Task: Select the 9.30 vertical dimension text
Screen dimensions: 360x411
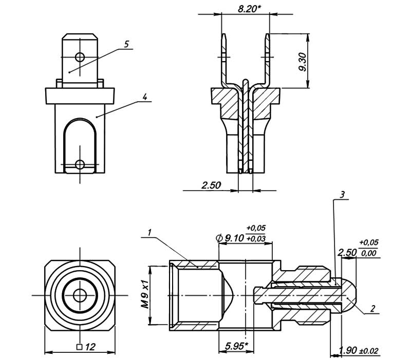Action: pyautogui.click(x=303, y=62)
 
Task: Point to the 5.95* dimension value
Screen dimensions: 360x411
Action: pyautogui.click(x=235, y=346)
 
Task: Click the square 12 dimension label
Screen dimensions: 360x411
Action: pyautogui.click(x=86, y=347)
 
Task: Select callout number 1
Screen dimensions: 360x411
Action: pyautogui.click(x=148, y=233)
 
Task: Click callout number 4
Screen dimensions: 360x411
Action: pyautogui.click(x=145, y=96)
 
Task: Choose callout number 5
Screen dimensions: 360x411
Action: pyautogui.click(x=126, y=44)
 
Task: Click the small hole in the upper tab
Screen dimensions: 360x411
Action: pyautogui.click(x=80, y=55)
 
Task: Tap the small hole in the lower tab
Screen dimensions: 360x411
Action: pyautogui.click(x=80, y=164)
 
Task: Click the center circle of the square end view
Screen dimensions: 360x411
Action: pyautogui.click(x=80, y=295)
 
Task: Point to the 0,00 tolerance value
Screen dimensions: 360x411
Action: pyautogui.click(x=367, y=253)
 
